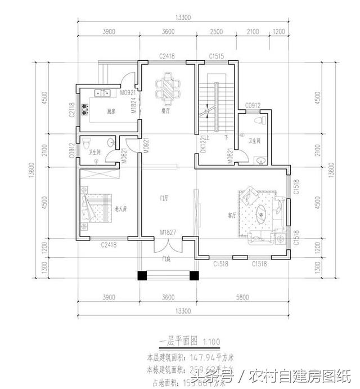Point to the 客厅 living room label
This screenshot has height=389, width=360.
point(231,214)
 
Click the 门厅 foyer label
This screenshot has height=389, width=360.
point(164,198)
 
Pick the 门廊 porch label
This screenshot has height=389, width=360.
point(166,258)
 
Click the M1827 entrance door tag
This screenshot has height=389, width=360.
point(167,231)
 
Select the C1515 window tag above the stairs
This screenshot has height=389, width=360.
point(217,56)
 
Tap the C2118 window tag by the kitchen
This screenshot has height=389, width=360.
point(72,110)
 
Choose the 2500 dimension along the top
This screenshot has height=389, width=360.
point(216,32)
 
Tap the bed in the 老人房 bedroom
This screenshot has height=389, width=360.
point(97,209)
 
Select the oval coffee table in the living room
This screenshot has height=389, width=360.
point(263,214)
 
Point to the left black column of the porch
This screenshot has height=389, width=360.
point(142,276)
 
